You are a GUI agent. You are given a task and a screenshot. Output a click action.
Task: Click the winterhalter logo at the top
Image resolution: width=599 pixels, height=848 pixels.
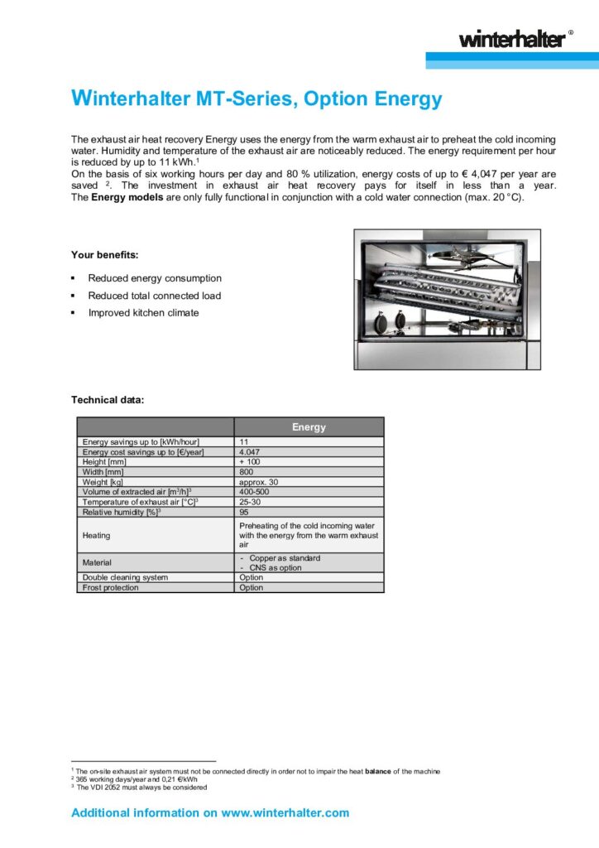point(513,38)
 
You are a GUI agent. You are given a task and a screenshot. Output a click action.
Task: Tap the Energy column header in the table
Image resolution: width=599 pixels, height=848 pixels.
point(309,427)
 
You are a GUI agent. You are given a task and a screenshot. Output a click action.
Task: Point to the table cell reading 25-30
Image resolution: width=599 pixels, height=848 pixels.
point(252,501)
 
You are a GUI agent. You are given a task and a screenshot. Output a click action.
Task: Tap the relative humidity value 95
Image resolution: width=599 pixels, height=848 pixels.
point(244,511)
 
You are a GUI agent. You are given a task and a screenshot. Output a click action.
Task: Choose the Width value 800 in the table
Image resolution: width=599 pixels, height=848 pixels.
point(247,471)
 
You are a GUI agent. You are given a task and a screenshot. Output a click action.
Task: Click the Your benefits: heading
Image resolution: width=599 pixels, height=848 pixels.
point(104,254)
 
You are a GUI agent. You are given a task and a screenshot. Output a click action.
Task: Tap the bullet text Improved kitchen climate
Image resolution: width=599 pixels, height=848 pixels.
point(143,313)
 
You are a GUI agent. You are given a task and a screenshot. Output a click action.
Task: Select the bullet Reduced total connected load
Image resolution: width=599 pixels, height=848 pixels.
point(155,296)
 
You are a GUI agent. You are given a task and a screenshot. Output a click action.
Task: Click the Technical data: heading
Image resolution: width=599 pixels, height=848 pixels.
point(108,400)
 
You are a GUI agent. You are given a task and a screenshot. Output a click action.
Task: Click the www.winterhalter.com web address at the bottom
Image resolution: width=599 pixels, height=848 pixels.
point(285,812)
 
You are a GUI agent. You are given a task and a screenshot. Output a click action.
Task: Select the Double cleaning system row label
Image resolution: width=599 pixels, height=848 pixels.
point(125,577)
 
